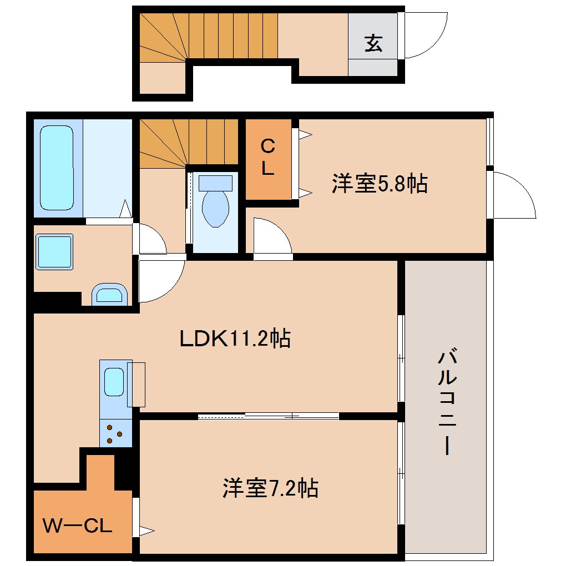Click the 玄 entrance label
click(x=373, y=43)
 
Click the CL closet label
click(x=268, y=158)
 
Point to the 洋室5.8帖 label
click(x=380, y=184)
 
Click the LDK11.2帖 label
click(x=235, y=338)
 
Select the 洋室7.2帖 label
click(x=270, y=488)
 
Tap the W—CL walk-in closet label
click(x=78, y=525)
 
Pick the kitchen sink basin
click(x=114, y=382)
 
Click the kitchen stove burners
click(x=115, y=433)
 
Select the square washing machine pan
click(x=54, y=252)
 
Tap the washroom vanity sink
click(x=110, y=294)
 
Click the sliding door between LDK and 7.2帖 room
click(x=269, y=416)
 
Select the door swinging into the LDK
click(x=161, y=280)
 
